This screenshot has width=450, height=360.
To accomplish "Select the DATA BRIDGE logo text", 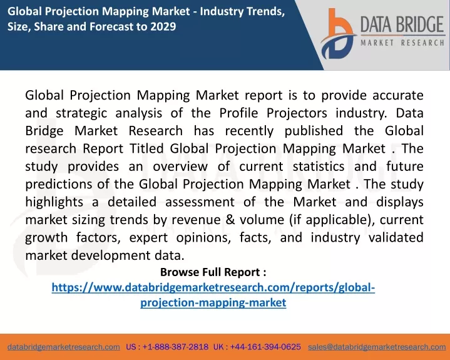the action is (402, 24).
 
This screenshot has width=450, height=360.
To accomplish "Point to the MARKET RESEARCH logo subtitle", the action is (402, 43).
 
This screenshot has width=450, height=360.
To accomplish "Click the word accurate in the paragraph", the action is (398, 95).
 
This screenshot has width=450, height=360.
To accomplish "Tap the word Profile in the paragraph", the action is (239, 113).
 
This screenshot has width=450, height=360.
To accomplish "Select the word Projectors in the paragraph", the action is (297, 113).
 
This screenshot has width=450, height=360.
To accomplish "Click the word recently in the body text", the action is (249, 131).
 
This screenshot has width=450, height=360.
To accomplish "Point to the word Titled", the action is (146, 148).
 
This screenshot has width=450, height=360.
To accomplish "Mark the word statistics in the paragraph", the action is (319, 166).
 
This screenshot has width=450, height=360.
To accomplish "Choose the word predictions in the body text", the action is (59, 184).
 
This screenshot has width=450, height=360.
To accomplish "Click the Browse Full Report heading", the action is (213, 272).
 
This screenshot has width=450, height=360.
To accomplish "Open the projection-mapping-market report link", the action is (213, 295).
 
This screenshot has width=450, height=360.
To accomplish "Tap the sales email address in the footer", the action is (377, 347).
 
